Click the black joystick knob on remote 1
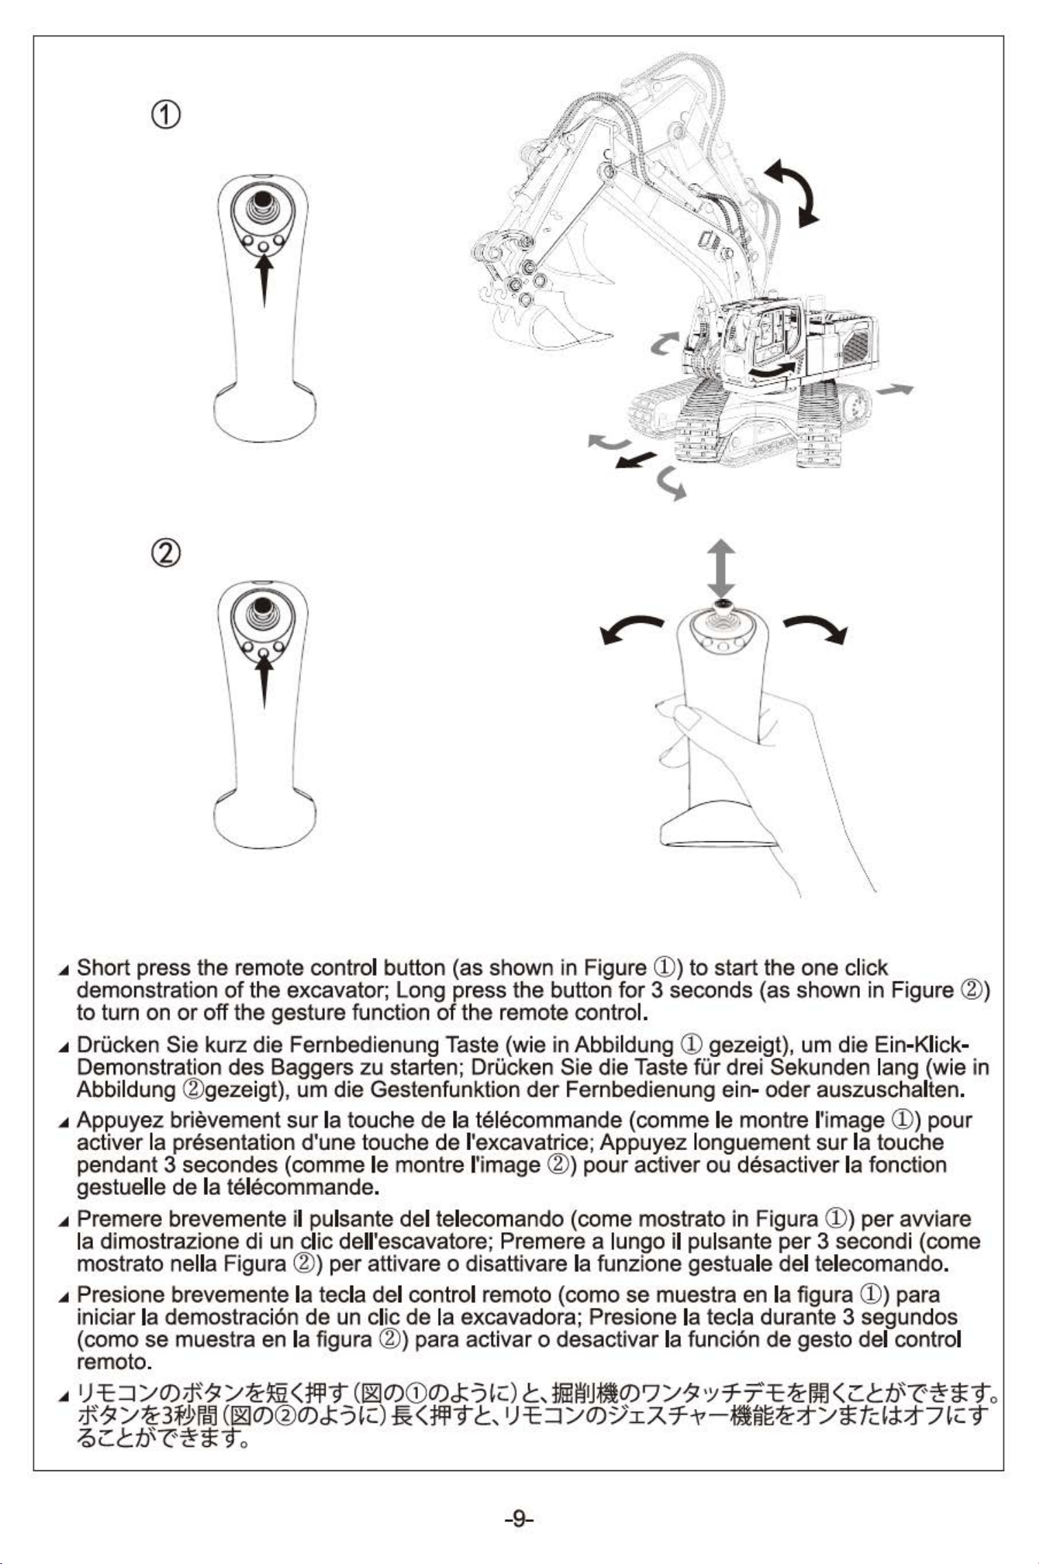point(262,199)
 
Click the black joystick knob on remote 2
point(262,606)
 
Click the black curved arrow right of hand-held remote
point(816,627)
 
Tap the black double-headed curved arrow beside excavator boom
point(795,191)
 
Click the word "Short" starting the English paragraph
point(103,968)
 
